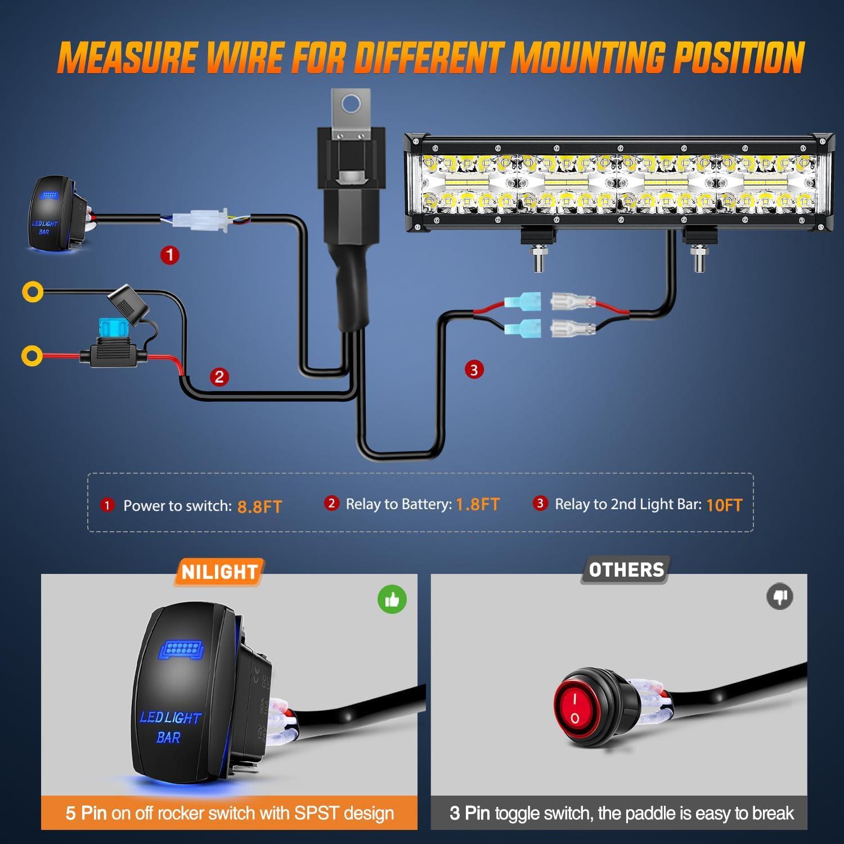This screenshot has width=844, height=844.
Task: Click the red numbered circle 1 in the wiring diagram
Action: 170,255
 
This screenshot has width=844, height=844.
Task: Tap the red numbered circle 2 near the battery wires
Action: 219,376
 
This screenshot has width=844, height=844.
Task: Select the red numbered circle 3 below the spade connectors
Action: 474,370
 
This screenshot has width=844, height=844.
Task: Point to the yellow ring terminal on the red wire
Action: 32,356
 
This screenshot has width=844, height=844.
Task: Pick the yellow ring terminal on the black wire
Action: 32,291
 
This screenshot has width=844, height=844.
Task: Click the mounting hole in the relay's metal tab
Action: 351,103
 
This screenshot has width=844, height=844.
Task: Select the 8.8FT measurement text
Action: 259,506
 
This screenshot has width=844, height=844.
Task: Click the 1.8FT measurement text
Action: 477,504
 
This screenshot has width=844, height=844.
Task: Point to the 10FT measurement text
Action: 724,505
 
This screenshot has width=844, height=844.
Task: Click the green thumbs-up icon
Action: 392,600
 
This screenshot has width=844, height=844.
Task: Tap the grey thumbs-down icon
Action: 780,596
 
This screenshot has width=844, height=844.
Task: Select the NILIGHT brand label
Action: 219,572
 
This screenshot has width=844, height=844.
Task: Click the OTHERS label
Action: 626,570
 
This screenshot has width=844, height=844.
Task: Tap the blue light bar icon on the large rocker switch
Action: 181,650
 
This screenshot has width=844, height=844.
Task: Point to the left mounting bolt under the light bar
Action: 538,259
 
